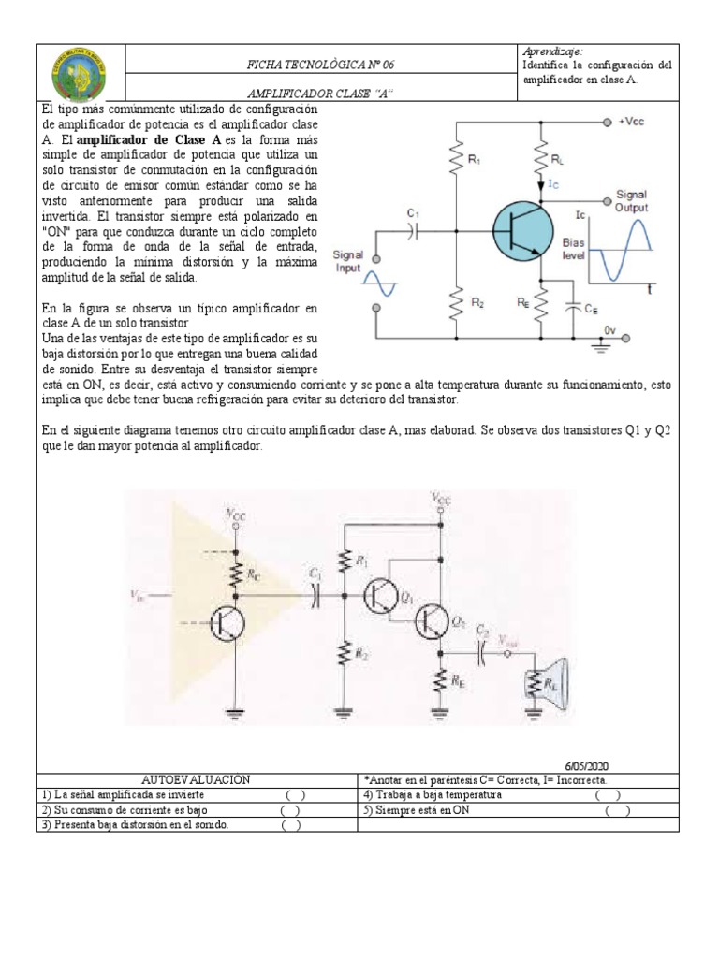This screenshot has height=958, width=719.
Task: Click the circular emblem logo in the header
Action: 79,75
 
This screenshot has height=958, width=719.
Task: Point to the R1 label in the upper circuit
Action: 474,160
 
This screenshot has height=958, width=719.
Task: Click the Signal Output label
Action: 630,201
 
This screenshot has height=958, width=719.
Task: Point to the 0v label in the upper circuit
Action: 609,330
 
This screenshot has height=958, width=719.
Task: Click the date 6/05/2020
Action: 586,764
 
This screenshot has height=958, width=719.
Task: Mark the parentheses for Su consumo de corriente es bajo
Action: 290,810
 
